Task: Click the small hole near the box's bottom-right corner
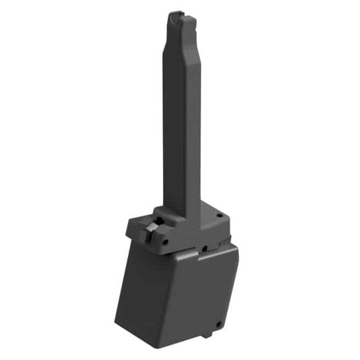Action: pos(218,324)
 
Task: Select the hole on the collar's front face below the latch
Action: pos(166,241)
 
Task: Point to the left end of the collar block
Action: pos(129,228)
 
